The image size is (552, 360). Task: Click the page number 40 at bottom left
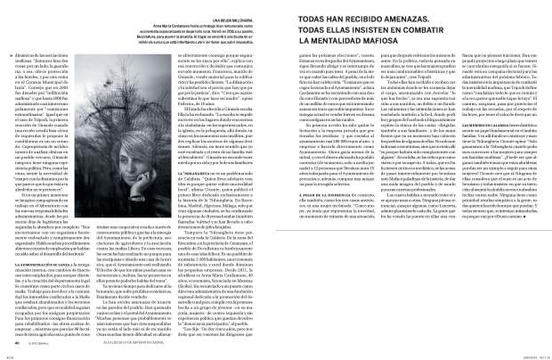click(15, 346)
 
